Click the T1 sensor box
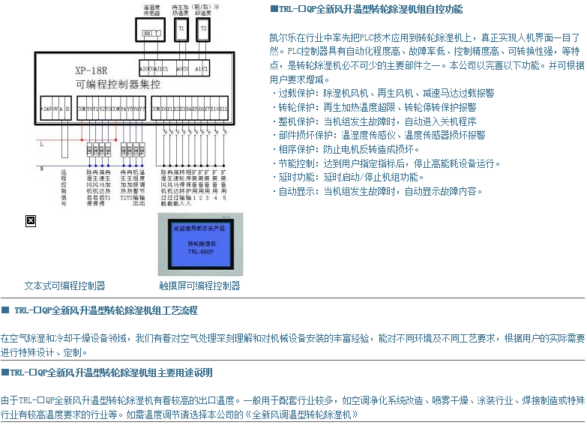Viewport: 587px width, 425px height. (x=181, y=30)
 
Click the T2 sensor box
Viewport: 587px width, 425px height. (x=204, y=30)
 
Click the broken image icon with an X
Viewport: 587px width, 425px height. (x=31, y=220)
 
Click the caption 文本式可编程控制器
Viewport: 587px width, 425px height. (x=64, y=286)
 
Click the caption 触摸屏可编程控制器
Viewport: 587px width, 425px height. (x=199, y=286)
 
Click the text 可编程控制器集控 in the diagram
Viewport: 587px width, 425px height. (x=118, y=85)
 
